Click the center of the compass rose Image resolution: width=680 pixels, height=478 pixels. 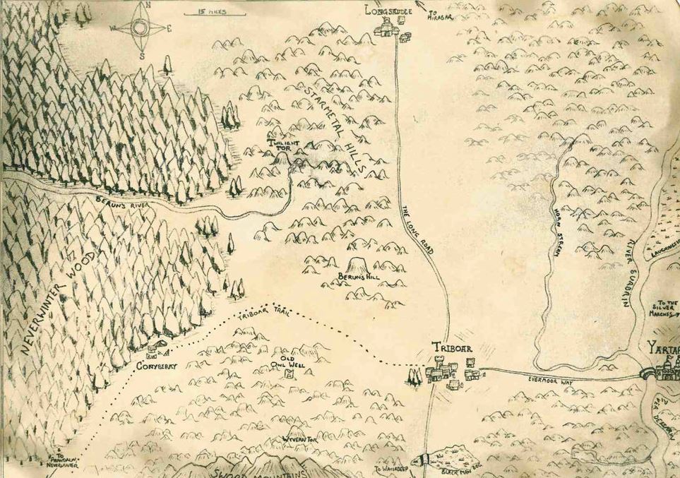point(138,28)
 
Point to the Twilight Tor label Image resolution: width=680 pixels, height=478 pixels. point(282,145)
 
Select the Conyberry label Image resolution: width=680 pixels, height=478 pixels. point(155,367)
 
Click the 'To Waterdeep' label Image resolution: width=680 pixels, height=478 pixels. point(391,468)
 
